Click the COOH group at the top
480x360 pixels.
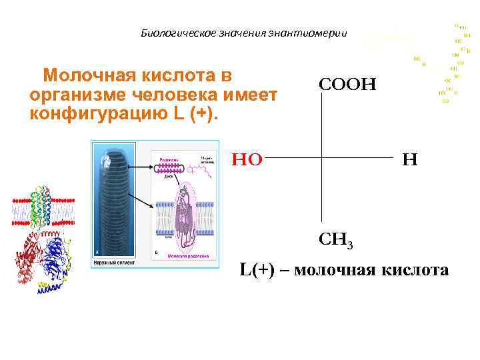(x=347, y=85)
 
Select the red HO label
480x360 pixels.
(x=247, y=159)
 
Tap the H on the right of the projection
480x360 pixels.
(x=410, y=159)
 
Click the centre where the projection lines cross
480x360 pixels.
(x=323, y=159)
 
